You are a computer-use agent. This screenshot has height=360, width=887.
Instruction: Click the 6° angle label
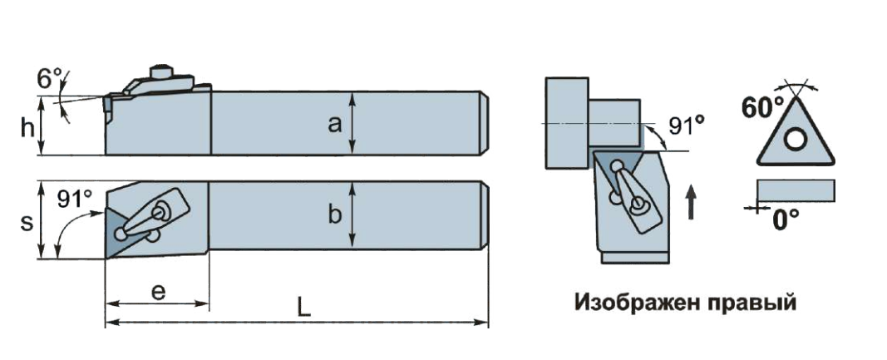[x=51, y=80]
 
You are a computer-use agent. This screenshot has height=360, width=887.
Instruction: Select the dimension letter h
[x=28, y=127]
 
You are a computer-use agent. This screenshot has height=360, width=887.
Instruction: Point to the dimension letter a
[x=335, y=124]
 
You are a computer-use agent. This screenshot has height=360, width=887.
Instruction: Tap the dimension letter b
[x=335, y=215]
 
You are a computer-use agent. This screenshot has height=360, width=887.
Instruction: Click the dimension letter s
[x=27, y=223]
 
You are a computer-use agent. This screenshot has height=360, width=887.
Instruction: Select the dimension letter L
[x=304, y=308]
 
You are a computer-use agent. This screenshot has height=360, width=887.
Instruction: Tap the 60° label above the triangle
[x=763, y=107]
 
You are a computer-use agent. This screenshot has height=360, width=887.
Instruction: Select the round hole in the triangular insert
[x=796, y=140]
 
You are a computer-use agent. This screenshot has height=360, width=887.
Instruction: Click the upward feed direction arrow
[x=691, y=202]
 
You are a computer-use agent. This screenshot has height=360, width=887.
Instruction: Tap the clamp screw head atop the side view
[x=161, y=70]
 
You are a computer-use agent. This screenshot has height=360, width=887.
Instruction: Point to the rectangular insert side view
[x=795, y=190]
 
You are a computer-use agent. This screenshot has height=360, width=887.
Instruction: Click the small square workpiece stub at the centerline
[x=616, y=122]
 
